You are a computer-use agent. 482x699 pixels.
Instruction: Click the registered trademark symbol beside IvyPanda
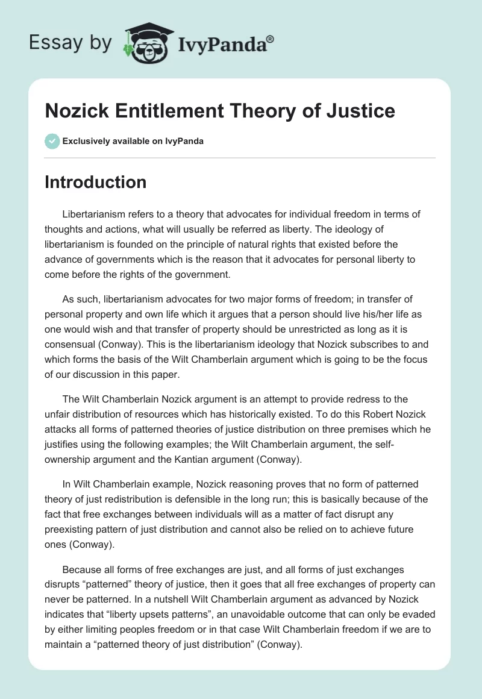pos(271,39)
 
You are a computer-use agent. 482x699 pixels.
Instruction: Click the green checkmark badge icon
pos(52,142)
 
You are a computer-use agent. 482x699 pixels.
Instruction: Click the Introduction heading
pos(95,182)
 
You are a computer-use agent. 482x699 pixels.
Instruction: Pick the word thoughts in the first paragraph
pos(65,230)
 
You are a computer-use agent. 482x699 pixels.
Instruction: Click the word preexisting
pos(75,530)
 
